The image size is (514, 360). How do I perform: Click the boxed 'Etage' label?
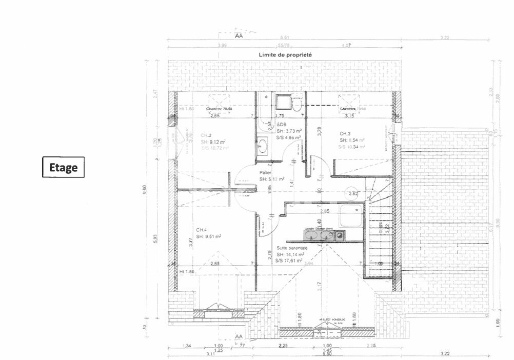coord(63,167)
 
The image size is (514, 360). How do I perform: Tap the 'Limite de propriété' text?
coord(286,54)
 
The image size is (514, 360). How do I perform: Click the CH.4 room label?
coord(202,229)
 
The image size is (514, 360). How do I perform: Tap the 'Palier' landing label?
coord(265,173)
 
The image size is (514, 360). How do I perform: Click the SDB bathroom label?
coord(282,125)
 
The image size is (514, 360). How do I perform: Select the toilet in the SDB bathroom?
coord(296,105)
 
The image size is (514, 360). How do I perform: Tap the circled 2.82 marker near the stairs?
coord(353,193)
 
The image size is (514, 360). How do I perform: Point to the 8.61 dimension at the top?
coord(285,37)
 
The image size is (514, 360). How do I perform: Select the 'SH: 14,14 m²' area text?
coord(290,254)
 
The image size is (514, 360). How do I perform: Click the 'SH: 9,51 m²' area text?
coord(208,236)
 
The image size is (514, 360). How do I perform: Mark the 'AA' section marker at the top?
coord(238,36)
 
